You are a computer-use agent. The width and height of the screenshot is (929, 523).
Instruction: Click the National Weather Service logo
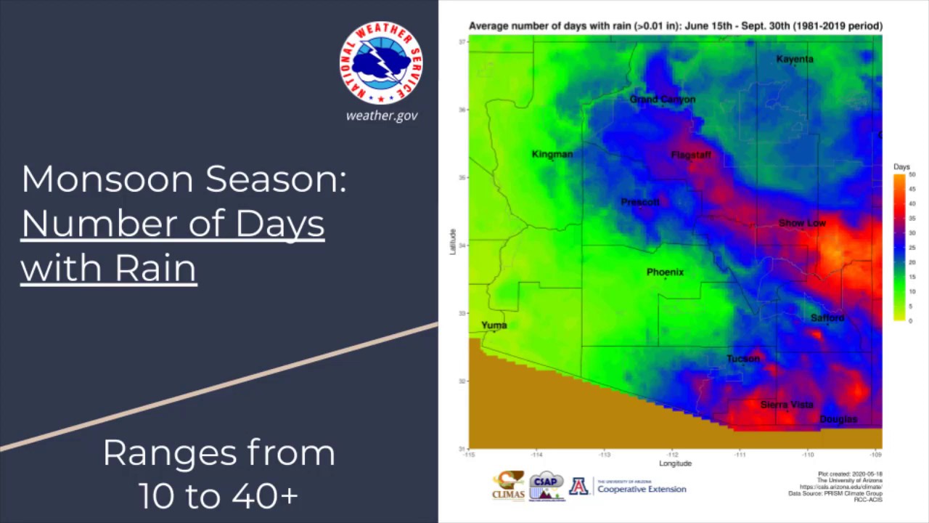coord(381,63)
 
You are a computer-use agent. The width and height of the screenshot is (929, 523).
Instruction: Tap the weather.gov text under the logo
coord(382,115)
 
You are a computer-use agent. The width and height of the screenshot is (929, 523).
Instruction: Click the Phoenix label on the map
coord(665,272)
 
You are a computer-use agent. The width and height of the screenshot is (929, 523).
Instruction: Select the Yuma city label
coord(494,325)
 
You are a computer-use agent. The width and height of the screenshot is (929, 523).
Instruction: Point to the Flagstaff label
coord(691,155)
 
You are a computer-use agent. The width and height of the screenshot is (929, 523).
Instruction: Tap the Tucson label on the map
coord(743,358)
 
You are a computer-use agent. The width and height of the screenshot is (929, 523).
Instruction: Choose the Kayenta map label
coord(795,59)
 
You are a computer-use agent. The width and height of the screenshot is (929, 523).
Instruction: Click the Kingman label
coord(552,154)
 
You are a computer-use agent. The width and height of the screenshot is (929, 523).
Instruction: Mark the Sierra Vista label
coord(787,405)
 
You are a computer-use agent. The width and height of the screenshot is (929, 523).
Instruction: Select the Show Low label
coord(802,223)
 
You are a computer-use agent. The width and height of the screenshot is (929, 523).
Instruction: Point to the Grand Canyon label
coord(662,100)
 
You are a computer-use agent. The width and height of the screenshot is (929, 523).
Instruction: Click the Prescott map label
coord(640,202)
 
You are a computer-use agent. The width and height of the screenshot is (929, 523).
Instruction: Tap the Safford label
coord(827,318)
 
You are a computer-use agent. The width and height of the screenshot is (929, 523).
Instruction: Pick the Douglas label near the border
coord(838,419)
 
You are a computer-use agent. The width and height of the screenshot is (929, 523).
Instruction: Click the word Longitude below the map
coord(675,463)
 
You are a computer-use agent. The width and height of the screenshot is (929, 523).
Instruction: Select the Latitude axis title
coord(453,242)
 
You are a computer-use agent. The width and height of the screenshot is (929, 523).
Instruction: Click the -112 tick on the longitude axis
coord(672,455)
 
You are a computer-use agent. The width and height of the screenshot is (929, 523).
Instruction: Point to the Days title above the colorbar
coord(901,167)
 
